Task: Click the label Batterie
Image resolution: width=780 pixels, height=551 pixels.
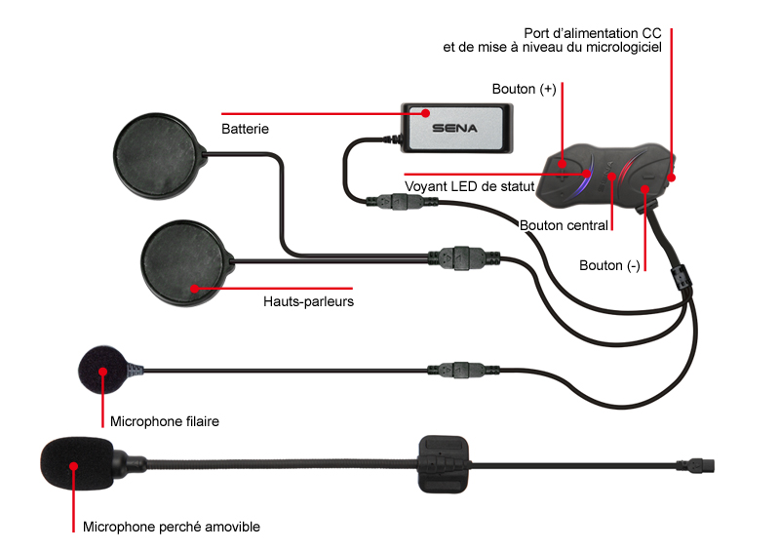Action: pyautogui.click(x=245, y=129)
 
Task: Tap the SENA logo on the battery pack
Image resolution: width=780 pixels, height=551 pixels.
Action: pyautogui.click(x=454, y=128)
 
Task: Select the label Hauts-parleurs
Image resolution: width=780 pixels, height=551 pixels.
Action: pyautogui.click(x=308, y=301)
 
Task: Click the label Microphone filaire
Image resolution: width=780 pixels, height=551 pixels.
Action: pyautogui.click(x=164, y=421)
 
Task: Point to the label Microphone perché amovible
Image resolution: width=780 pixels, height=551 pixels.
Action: pyautogui.click(x=172, y=528)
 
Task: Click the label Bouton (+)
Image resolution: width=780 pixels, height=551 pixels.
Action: pyautogui.click(x=524, y=89)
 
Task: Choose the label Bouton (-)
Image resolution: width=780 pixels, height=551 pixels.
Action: pyautogui.click(x=609, y=266)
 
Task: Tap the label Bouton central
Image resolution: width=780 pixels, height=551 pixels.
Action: pyautogui.click(x=564, y=225)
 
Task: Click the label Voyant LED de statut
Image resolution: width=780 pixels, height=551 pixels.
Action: pyautogui.click(x=470, y=186)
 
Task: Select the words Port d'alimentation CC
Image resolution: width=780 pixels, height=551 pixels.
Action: pyautogui.click(x=593, y=33)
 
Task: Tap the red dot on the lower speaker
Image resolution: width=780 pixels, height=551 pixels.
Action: pyautogui.click(x=194, y=289)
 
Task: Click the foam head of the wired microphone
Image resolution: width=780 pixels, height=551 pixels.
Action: pyautogui.click(x=103, y=370)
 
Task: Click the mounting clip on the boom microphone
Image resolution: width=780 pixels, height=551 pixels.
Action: pyautogui.click(x=443, y=464)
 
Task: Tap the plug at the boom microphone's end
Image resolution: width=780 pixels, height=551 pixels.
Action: pyautogui.click(x=695, y=466)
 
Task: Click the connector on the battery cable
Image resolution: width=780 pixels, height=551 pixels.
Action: pyautogui.click(x=402, y=202)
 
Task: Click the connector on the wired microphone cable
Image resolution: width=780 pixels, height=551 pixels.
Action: pyautogui.click(x=463, y=370)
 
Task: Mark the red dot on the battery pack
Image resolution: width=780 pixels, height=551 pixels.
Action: pyautogui.click(x=425, y=113)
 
